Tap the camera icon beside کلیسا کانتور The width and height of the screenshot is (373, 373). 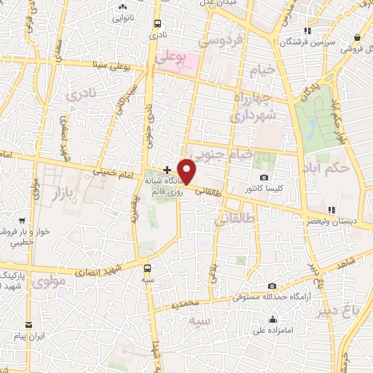pyautogui.click(x=263, y=178)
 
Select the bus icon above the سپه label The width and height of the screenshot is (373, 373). pyautogui.click(x=149, y=267)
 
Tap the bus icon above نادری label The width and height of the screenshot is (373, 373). pyautogui.click(x=156, y=24)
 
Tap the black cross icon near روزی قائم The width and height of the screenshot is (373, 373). pyautogui.click(x=168, y=169)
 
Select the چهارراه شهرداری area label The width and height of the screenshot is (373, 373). pyautogui.click(x=248, y=106)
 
